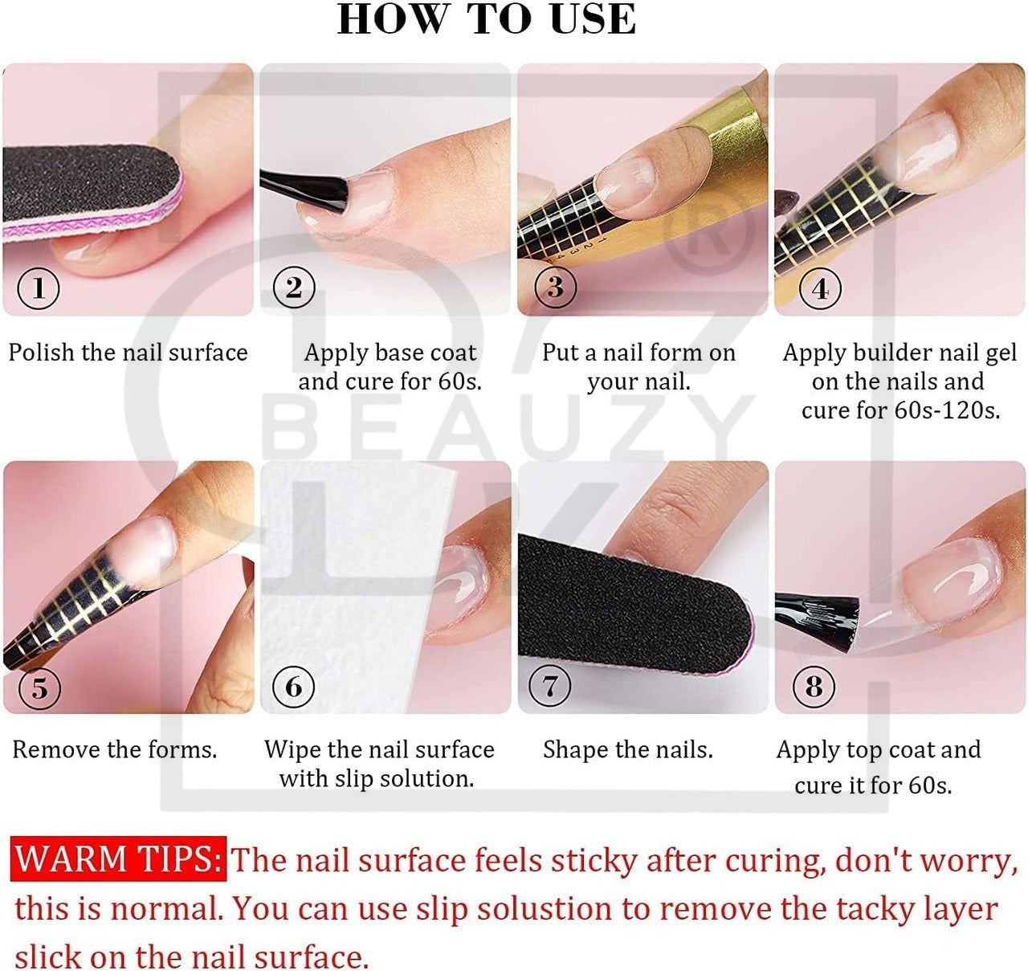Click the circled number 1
(x=39, y=288)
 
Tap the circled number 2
(x=293, y=287)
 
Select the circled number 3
(x=555, y=287)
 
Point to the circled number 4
(x=820, y=288)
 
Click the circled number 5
(x=39, y=688)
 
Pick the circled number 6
(x=293, y=687)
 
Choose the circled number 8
(x=814, y=687)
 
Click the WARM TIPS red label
(x=118, y=859)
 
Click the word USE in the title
(x=594, y=19)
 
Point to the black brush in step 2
(x=303, y=192)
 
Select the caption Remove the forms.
(x=115, y=750)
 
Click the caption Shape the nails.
(x=628, y=750)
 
